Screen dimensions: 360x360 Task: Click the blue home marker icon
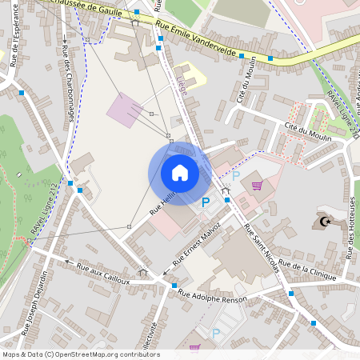[180, 173]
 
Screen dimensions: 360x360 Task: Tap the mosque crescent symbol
[325, 221]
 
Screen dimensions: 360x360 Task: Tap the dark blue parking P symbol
[206, 203]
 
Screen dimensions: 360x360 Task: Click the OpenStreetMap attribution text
[81, 354]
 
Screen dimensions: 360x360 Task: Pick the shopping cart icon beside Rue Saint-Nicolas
[257, 186]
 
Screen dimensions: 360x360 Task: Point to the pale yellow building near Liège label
[191, 74]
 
